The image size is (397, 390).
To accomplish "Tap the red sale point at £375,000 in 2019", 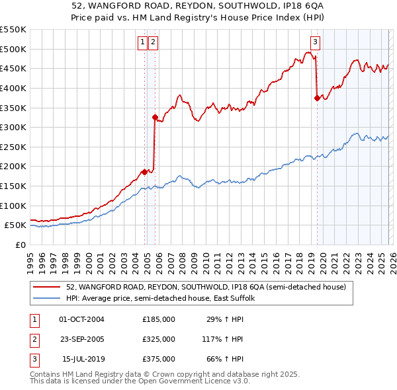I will tap(317, 98).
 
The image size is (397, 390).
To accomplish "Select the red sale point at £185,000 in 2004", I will tap(144, 173).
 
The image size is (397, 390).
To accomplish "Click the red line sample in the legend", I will tap(47, 287).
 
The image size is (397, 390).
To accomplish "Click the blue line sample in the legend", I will tap(47, 298).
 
